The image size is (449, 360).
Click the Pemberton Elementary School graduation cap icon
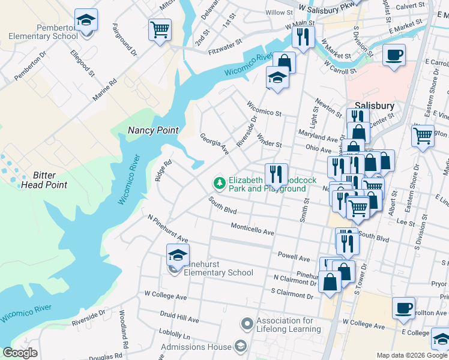[x=86, y=20]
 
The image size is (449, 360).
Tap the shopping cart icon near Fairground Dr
[x=159, y=29]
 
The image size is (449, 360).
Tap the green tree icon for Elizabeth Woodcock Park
[x=220, y=182]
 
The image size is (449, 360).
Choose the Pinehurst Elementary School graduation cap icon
[x=177, y=255]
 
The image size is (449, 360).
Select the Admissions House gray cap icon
[x=240, y=346]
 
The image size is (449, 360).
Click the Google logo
[x=20, y=353]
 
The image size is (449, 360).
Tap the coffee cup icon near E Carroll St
[x=394, y=55]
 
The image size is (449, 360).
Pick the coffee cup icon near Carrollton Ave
[x=403, y=308]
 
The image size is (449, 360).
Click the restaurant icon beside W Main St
[x=301, y=37]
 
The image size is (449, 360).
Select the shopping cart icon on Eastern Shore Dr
[x=423, y=135]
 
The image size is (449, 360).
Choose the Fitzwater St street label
[x=226, y=43]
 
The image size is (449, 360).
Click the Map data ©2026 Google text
[x=411, y=355]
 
